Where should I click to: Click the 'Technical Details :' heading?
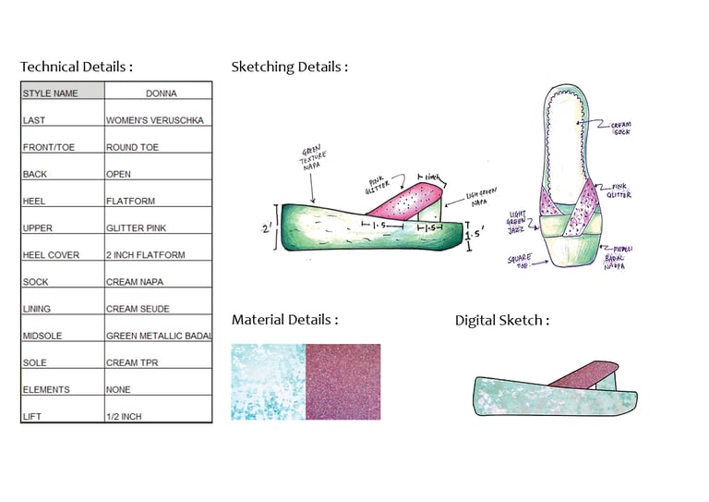(x=77, y=67)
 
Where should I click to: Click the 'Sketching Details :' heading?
(x=289, y=67)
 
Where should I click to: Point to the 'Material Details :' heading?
(x=284, y=320)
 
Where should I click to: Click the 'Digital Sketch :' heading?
(x=501, y=321)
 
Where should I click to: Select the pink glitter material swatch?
(x=342, y=382)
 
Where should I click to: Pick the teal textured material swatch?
(x=268, y=382)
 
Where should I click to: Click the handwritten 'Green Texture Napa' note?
(x=313, y=159)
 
